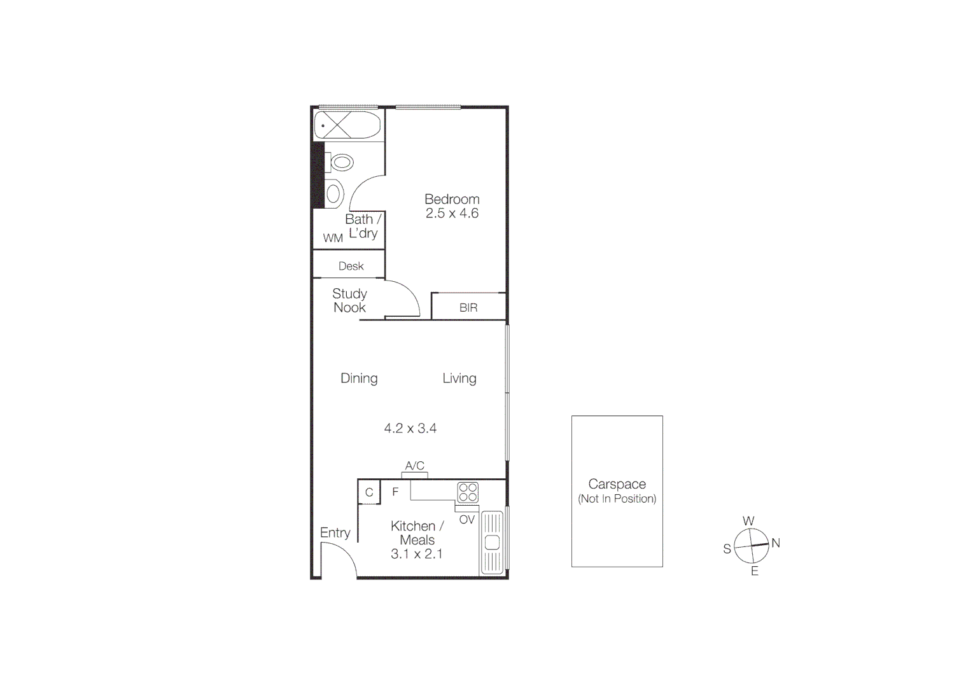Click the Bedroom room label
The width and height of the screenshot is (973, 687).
pos(452,199)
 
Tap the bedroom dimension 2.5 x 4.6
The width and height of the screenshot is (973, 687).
pos(452,214)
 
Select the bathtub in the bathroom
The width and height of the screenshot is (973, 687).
pos(347,125)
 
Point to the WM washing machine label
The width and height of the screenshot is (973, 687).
pos(333,239)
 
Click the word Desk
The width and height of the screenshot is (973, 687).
pos(351,267)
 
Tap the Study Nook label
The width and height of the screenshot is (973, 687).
pos(349,300)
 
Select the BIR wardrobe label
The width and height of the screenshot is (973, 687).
pos(468,308)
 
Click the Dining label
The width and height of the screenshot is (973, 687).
pos(359,378)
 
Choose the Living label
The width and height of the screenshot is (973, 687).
pos(459,378)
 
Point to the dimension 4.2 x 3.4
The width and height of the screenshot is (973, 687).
pos(410,429)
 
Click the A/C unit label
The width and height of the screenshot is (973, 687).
pos(414,466)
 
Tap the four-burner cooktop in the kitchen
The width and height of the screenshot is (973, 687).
pos(468,493)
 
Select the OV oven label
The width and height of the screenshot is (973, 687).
pos(466,520)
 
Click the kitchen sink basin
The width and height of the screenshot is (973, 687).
pos(492,543)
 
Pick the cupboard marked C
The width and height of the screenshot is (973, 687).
pos(369,493)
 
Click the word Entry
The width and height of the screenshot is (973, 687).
pos(335,533)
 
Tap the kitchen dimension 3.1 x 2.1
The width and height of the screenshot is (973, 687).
pos(416,554)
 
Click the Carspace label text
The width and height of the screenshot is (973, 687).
pos(617,484)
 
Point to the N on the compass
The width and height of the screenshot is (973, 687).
pos(775,543)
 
